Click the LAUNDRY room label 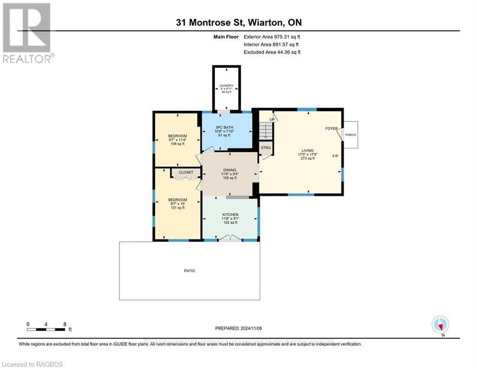point(226,85)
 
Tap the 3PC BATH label point(224,127)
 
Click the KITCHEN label point(230,215)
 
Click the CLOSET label point(186,172)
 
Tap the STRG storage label point(266,148)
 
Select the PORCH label point(351,134)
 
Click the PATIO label point(189,271)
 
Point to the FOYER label point(331,128)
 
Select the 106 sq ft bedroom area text point(176,144)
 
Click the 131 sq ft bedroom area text point(177,208)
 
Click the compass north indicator point(440,324)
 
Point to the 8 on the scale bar point(64,324)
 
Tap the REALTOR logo point(27,33)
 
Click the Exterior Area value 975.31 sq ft point(287,36)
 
